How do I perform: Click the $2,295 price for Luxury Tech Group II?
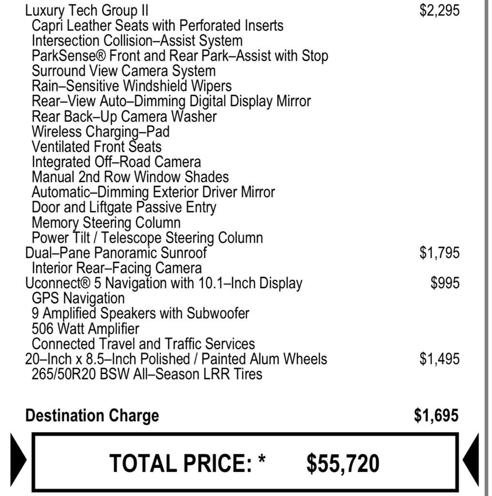[x=439, y=11]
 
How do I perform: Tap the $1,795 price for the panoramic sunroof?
[x=439, y=253]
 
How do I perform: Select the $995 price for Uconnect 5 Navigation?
[x=445, y=283]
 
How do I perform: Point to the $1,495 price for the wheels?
[x=439, y=359]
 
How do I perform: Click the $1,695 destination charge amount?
[x=436, y=416]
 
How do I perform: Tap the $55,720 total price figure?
[x=343, y=463]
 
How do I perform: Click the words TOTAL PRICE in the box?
[x=180, y=463]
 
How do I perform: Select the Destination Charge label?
[x=92, y=416]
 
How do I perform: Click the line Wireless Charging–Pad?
[x=101, y=132]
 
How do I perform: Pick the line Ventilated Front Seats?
[x=97, y=147]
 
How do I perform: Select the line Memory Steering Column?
[x=106, y=223]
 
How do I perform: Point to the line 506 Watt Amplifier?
[x=86, y=329]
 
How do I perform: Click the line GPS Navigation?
[x=78, y=298]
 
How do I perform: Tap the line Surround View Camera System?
[x=124, y=71]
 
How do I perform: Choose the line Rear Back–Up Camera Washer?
[x=124, y=117]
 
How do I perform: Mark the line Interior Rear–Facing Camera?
[x=117, y=268]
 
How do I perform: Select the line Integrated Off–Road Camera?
[x=116, y=162]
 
